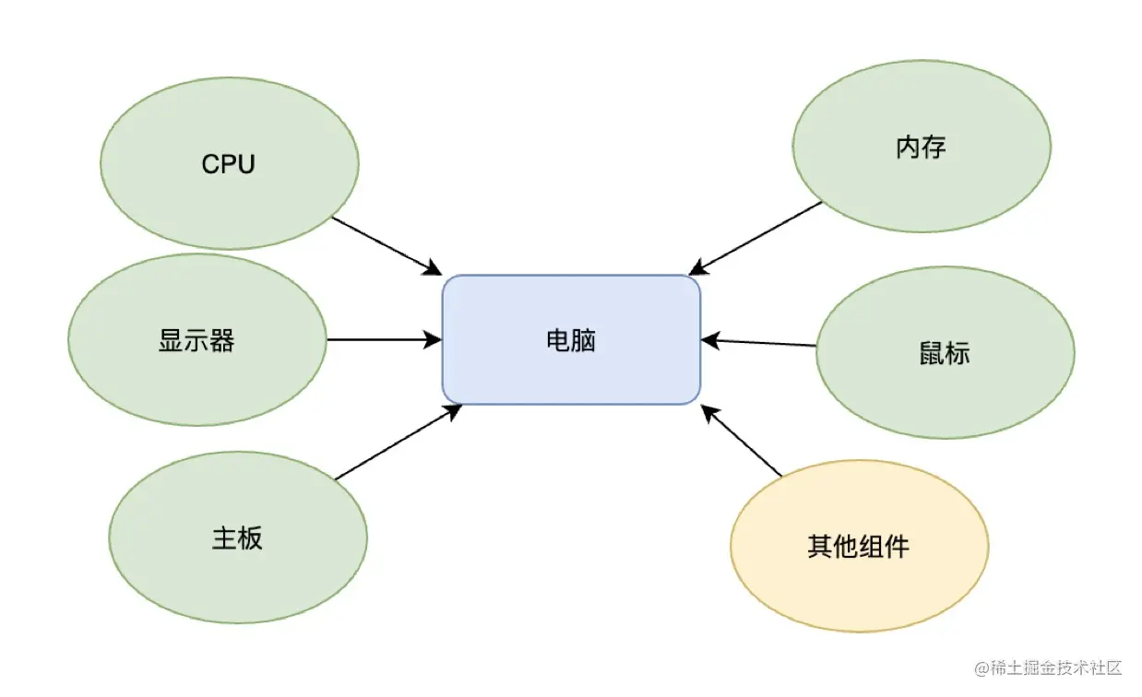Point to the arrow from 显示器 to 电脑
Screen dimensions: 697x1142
tap(383, 339)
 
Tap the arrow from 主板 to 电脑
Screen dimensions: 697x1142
tap(397, 443)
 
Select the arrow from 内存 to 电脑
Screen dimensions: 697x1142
tap(756, 238)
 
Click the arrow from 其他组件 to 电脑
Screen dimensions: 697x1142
tap(742, 441)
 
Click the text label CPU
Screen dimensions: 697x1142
tap(229, 164)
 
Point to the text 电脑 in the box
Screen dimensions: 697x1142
tap(571, 340)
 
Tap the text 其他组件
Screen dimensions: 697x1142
tap(859, 546)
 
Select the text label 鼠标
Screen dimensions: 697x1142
tap(945, 353)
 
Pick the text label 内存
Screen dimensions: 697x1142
tap(921, 147)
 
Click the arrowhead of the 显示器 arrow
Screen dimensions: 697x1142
tap(434, 339)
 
